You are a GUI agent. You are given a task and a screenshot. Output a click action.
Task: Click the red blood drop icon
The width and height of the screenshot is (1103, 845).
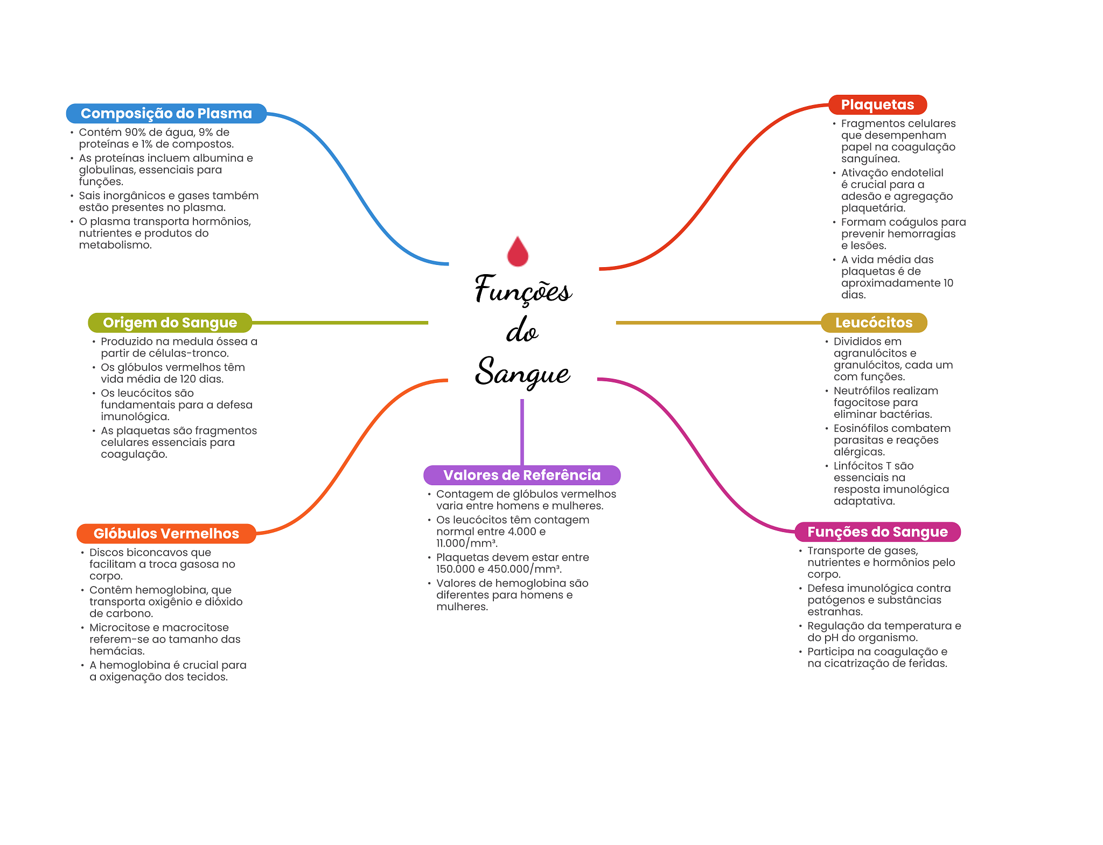click(x=518, y=252)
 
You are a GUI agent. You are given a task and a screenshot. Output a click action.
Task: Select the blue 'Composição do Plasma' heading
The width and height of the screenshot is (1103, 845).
click(x=166, y=114)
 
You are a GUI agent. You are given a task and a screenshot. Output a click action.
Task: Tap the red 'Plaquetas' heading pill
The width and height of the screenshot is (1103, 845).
click(x=877, y=104)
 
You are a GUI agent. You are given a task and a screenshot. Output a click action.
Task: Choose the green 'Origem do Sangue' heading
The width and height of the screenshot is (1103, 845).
click(x=170, y=323)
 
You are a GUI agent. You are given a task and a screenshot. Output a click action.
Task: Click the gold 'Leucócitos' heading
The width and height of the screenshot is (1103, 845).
click(x=874, y=323)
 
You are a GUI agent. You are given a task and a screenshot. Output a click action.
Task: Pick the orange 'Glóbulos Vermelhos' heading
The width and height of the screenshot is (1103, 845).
click(x=166, y=534)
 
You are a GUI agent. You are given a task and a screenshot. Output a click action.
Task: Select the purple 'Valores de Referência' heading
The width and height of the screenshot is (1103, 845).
click(x=521, y=475)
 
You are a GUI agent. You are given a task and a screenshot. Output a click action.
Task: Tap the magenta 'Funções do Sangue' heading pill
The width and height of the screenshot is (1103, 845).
click(x=877, y=532)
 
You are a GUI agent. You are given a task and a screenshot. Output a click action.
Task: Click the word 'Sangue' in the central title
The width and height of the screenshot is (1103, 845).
click(x=522, y=372)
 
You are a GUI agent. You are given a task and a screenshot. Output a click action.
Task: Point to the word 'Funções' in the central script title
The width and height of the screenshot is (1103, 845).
click(x=522, y=290)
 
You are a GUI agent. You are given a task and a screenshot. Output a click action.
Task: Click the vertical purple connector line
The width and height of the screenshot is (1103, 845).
click(x=522, y=431)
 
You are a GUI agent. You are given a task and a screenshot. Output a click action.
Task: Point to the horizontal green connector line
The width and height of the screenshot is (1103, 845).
click(x=339, y=323)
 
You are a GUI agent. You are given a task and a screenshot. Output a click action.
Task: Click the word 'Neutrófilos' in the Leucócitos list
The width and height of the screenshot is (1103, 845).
click(x=858, y=391)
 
